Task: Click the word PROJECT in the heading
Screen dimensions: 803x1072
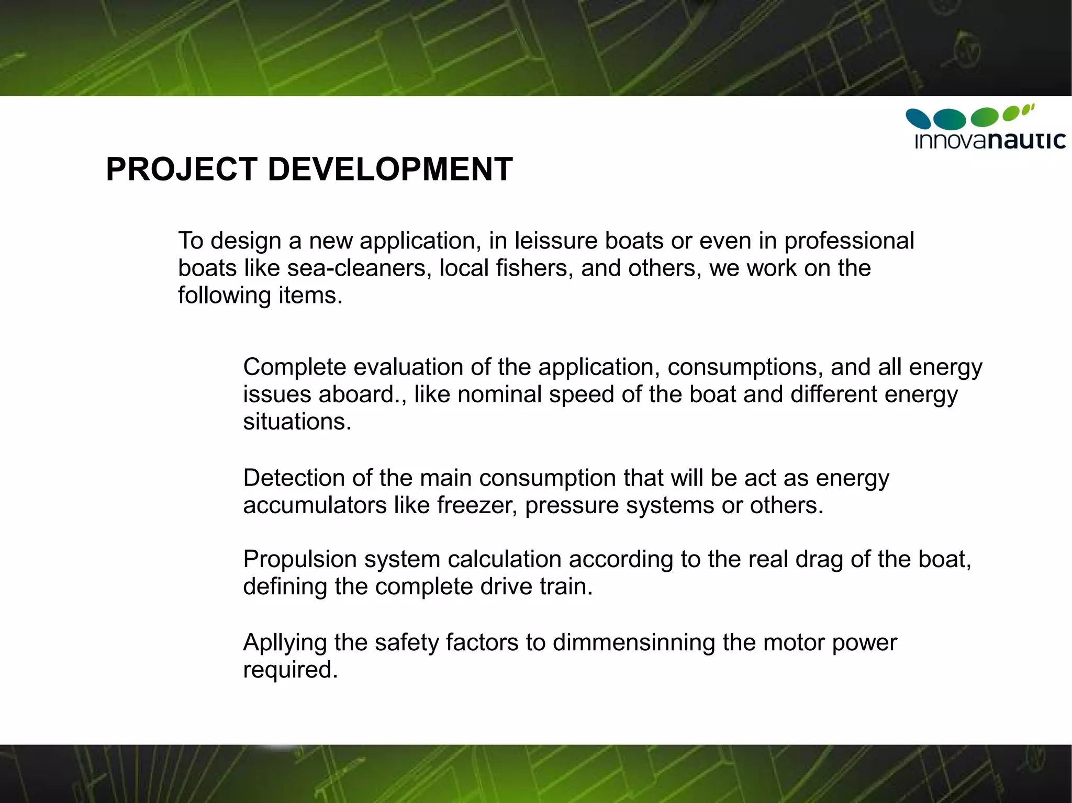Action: pyautogui.click(x=181, y=169)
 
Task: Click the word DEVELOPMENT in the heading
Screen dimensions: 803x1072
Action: pyautogui.click(x=390, y=169)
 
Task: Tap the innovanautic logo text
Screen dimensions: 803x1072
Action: pyautogui.click(x=990, y=141)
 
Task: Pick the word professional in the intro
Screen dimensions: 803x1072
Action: pyautogui.click(x=848, y=241)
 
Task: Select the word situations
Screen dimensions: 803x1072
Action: pyautogui.click(x=297, y=422)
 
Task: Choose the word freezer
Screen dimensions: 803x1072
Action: pyautogui.click(x=477, y=505)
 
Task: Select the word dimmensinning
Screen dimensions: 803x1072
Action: pyautogui.click(x=633, y=642)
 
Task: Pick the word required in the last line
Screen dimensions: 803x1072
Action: pyautogui.click(x=290, y=670)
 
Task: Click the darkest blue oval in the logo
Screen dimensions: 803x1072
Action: pyautogui.click(x=918, y=118)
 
